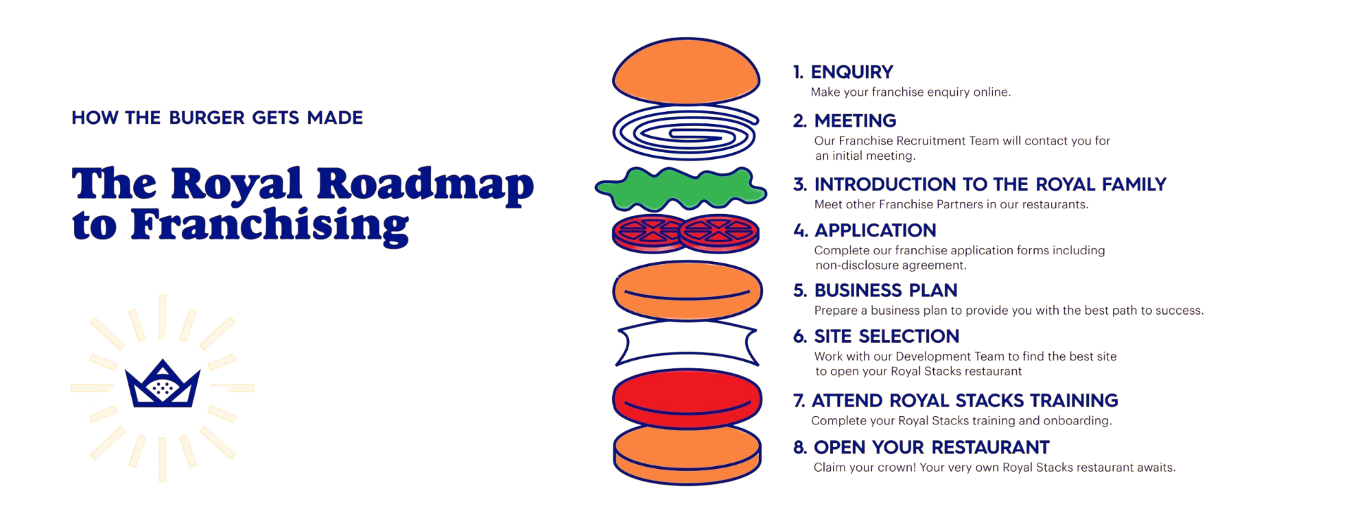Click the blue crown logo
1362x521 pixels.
coord(162,387)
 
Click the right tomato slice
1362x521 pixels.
coord(720,234)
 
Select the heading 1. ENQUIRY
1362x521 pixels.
coord(842,72)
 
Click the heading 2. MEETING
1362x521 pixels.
coord(845,121)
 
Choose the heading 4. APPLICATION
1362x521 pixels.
coord(865,230)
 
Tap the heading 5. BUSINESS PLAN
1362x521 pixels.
coord(876,290)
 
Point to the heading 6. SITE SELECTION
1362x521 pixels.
coord(876,337)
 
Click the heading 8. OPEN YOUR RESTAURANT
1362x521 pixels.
coord(921,448)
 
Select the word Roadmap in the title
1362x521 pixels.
coord(426,186)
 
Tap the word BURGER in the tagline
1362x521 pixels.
coord(207,118)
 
